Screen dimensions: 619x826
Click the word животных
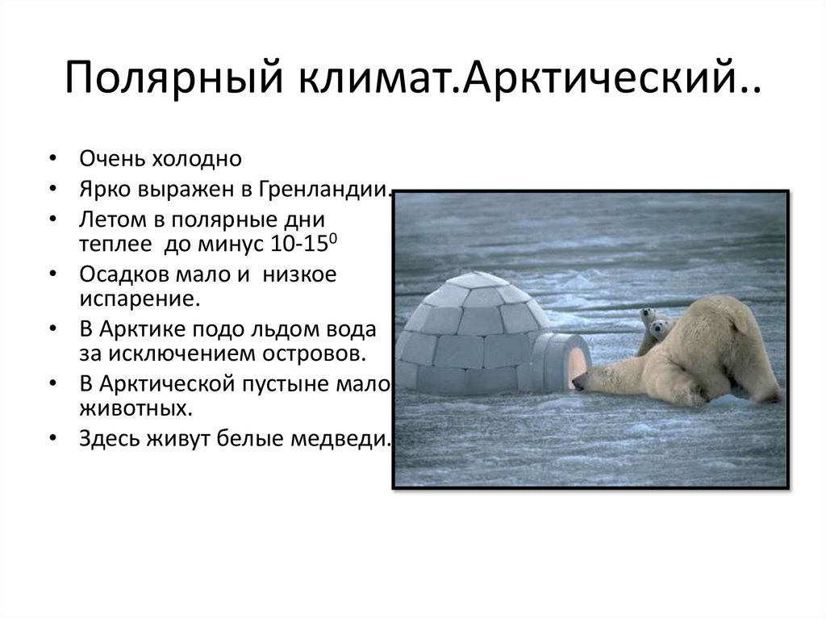[136, 408]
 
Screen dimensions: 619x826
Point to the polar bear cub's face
[660, 328]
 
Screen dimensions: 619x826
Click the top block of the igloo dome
[477, 281]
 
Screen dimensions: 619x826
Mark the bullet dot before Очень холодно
[52, 159]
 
